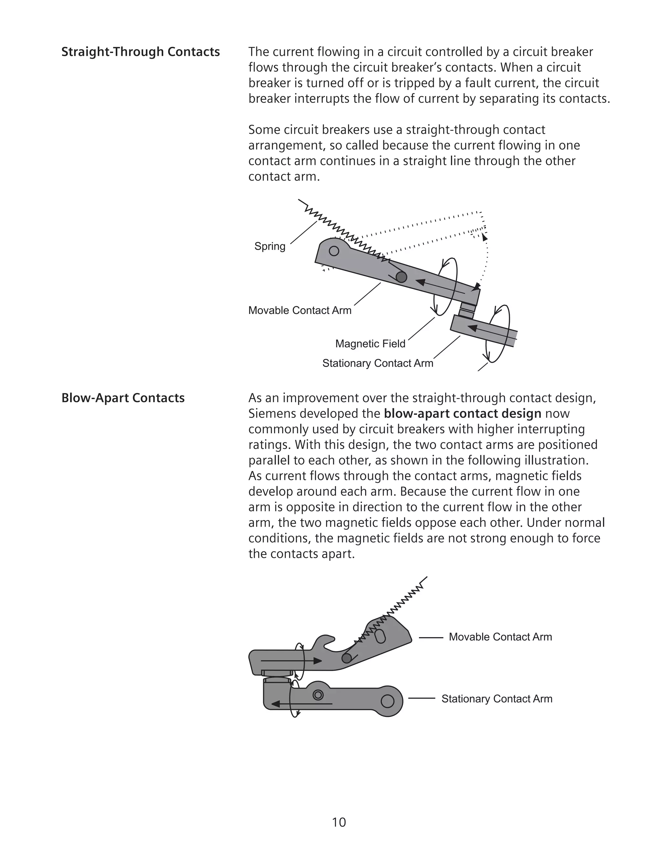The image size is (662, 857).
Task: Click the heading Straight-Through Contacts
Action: [140, 52]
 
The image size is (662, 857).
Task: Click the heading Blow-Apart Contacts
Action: [123, 398]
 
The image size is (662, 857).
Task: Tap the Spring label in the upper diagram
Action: [270, 246]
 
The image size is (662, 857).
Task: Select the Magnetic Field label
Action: [370, 344]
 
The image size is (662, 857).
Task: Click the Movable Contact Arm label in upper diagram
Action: [300, 310]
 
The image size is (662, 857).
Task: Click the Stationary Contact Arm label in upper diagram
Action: [378, 363]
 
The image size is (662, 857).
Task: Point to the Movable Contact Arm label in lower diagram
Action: [500, 637]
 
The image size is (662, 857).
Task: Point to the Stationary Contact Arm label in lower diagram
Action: [496, 699]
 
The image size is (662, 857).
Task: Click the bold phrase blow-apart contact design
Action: [462, 414]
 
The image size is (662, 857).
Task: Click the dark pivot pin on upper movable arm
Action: [401, 277]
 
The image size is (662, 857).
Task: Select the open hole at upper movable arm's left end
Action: [334, 251]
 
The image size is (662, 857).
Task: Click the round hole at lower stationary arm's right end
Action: [387, 701]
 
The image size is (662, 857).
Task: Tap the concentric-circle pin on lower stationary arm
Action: [318, 695]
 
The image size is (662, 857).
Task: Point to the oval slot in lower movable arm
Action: [380, 636]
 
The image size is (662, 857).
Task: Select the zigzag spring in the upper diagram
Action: [341, 232]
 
